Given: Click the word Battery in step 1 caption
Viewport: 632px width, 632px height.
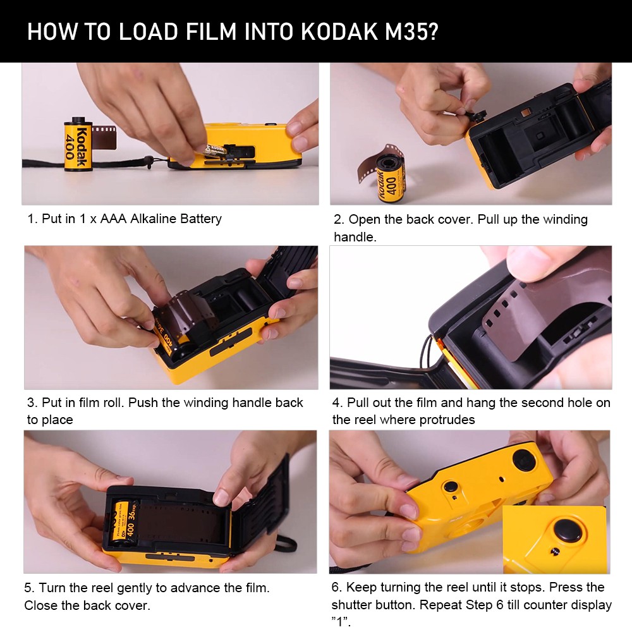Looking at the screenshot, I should point(201,219).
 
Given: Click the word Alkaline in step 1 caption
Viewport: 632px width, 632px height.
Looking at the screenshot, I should point(154,219).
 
